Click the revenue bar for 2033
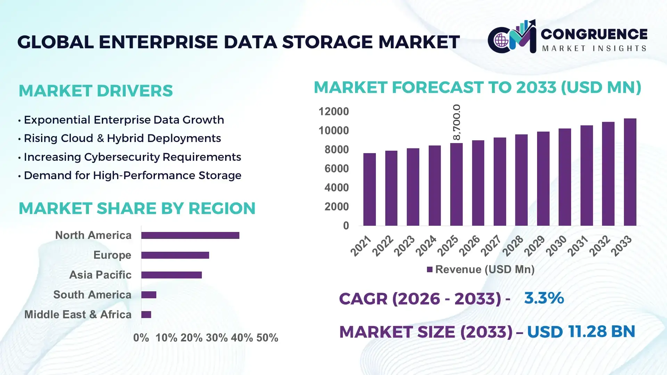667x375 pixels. click(630, 172)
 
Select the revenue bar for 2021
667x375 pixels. click(369, 190)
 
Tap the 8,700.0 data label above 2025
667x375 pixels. click(456, 122)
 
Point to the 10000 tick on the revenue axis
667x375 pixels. click(333, 131)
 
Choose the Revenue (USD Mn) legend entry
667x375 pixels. click(481, 269)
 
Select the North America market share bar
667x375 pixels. click(190, 235)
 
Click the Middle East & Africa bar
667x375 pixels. click(146, 315)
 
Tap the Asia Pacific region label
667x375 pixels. click(100, 275)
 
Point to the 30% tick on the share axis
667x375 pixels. click(217, 337)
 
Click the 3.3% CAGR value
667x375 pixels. click(544, 298)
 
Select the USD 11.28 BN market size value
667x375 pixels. click(581, 331)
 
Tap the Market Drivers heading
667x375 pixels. click(96, 91)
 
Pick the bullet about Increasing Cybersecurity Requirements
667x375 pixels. click(132, 157)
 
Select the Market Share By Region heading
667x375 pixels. click(137, 208)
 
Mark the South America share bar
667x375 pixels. click(149, 295)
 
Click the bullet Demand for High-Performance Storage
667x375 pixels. click(132, 175)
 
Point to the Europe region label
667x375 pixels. click(112, 255)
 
